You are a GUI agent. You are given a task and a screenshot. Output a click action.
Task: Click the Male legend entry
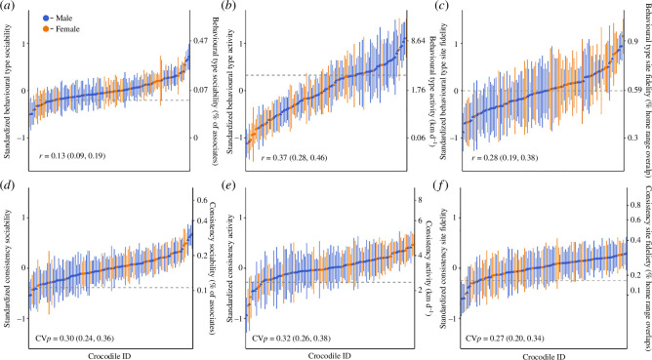(x=58, y=19)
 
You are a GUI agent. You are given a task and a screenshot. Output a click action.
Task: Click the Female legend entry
(x=61, y=29)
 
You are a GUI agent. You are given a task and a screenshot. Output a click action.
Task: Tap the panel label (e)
(x=227, y=185)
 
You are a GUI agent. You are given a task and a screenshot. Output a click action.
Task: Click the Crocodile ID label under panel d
(x=109, y=355)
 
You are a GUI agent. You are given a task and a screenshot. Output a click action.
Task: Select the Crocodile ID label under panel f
(x=544, y=356)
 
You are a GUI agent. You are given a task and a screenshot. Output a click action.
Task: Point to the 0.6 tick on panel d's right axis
(x=202, y=200)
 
